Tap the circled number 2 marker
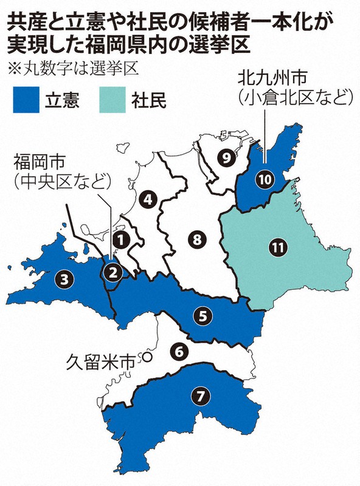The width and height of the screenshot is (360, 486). click(x=111, y=272)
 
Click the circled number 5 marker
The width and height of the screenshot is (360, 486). click(x=202, y=315)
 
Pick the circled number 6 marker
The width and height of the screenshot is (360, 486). click(x=178, y=351)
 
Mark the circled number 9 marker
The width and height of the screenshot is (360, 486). click(x=226, y=159)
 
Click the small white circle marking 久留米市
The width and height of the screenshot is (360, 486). click(x=145, y=357)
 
